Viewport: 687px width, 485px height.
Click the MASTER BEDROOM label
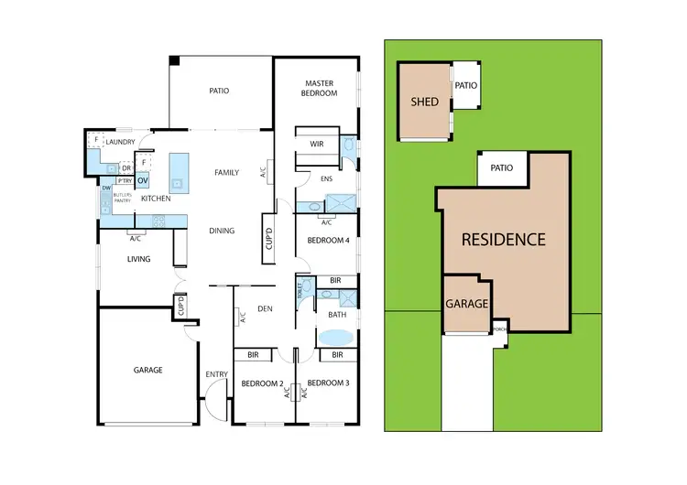click(320, 88)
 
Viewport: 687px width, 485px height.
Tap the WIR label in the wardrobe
click(317, 144)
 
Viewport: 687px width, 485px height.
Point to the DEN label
click(266, 307)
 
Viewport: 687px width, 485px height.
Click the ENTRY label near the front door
click(216, 373)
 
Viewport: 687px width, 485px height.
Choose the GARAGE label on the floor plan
click(147, 370)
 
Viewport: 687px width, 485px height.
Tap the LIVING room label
click(137, 259)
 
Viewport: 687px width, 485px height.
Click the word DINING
click(221, 231)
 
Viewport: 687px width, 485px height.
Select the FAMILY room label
click(226, 172)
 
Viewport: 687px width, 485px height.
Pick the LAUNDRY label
click(120, 143)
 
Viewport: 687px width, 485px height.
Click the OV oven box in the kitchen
click(142, 180)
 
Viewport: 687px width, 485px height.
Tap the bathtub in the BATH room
click(336, 337)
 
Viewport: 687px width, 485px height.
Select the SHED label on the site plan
click(425, 102)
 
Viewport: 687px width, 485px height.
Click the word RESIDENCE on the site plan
click(503, 240)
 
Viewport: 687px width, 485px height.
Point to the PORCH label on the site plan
click(499, 329)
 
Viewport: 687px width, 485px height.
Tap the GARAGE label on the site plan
click(466, 304)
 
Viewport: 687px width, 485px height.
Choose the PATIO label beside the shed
click(466, 85)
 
